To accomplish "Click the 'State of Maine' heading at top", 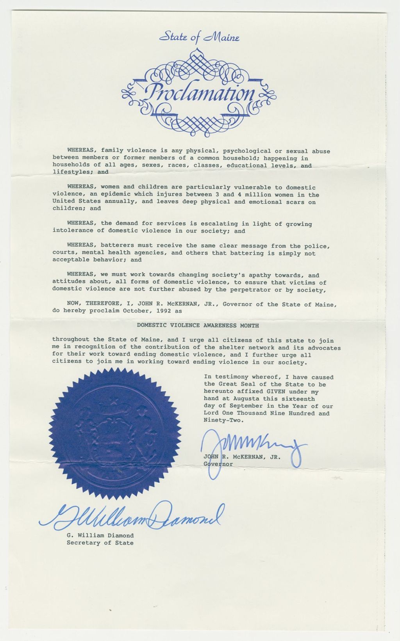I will (199, 38).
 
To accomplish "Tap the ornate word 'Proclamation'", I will (199, 93).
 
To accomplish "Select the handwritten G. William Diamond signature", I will (133, 517).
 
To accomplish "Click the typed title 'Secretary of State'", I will (100, 543).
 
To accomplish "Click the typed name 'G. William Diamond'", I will (100, 535).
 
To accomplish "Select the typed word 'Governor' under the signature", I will (218, 464).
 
